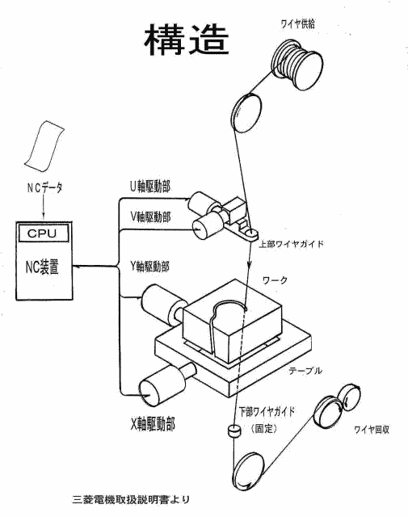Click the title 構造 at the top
point(187,40)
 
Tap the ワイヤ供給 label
point(297,23)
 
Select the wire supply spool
point(297,65)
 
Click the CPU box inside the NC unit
point(44,233)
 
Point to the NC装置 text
point(42,267)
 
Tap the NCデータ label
point(44,187)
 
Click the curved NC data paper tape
point(44,146)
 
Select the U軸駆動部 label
point(150,187)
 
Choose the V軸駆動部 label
point(150,216)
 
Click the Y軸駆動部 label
point(149,266)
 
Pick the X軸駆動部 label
point(153,423)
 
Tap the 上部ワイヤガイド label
point(291,244)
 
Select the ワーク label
point(275,280)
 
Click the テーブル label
point(305,371)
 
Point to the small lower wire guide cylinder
point(234,431)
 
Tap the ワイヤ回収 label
point(372,430)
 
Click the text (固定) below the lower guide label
point(264,428)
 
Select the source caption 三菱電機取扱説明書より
point(131,499)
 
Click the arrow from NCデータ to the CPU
point(43,207)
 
